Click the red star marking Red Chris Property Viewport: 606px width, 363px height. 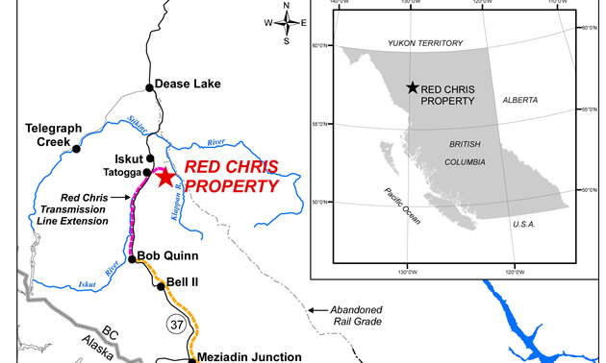point(164,177)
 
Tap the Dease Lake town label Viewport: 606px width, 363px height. point(188,85)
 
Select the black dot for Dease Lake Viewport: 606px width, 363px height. point(149,87)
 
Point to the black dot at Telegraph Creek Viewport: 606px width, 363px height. point(76,149)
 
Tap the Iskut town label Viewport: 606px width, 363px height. point(128,158)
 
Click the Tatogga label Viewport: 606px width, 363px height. point(121,174)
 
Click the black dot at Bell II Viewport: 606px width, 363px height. point(161,286)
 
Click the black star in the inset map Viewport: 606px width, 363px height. point(413,87)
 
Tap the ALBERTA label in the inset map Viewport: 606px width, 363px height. point(519,100)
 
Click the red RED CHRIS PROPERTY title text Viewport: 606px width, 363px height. point(231,176)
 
